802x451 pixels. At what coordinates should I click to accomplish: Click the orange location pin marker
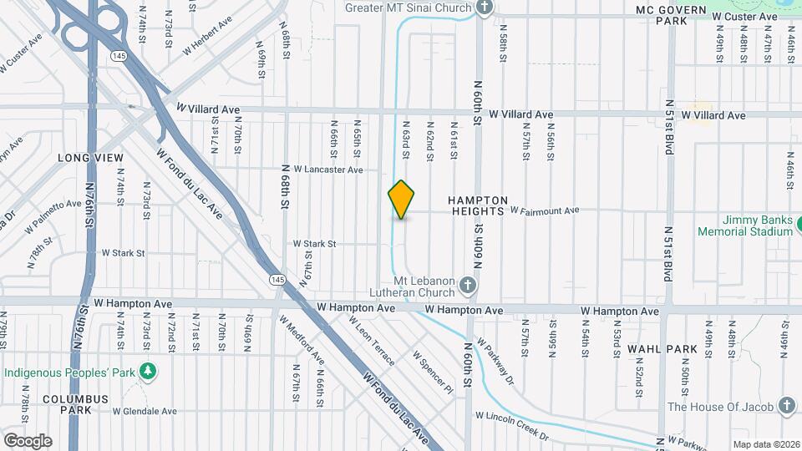(402, 200)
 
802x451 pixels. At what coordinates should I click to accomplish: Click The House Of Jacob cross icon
(785, 407)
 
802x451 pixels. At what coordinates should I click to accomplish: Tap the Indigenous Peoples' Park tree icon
(148, 370)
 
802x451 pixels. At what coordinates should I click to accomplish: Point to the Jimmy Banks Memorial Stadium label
(745, 225)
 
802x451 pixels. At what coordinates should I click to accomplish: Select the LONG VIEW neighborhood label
(90, 158)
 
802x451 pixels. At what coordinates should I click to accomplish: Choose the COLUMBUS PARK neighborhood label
(68, 404)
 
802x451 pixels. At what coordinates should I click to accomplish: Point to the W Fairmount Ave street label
(545, 210)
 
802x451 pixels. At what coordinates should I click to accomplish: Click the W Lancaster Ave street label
(327, 170)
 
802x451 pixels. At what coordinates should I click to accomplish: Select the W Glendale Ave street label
(146, 411)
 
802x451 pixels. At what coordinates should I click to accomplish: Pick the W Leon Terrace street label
(372, 341)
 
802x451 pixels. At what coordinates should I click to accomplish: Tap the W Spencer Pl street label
(432, 372)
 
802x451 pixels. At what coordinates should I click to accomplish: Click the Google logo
(28, 441)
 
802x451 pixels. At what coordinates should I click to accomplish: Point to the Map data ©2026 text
(764, 444)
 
